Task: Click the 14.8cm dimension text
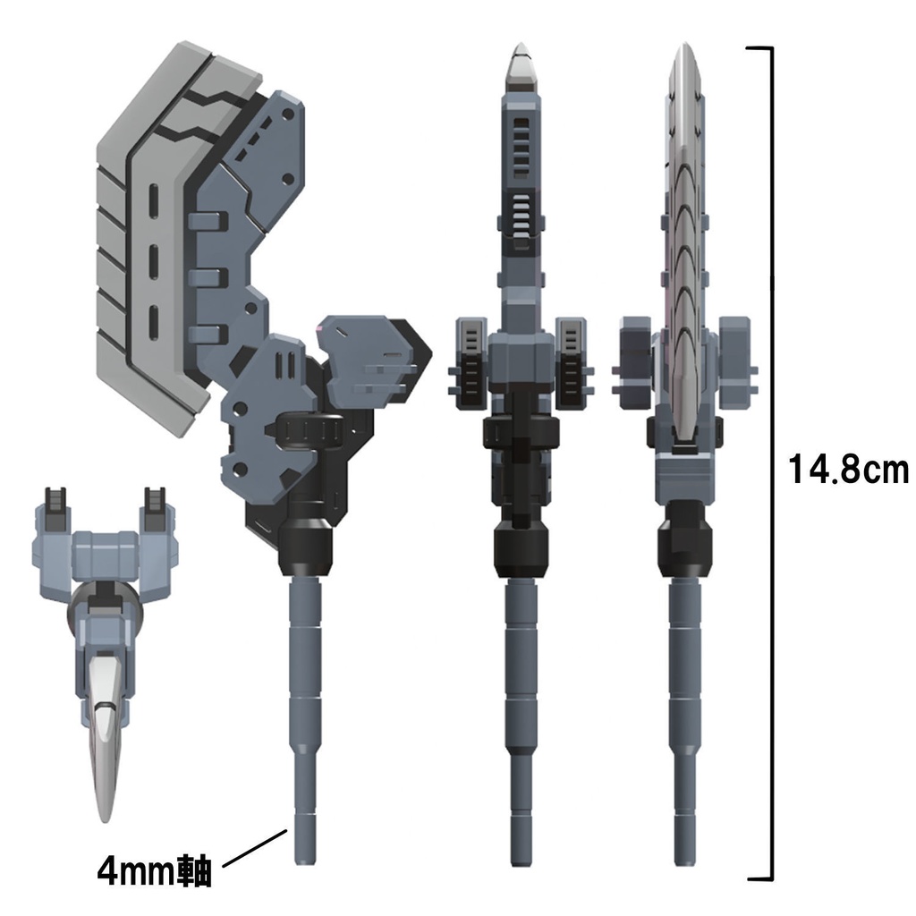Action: [847, 469]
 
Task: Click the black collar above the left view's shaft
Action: [307, 547]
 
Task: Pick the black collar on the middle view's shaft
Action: [521, 547]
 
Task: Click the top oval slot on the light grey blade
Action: [153, 198]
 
